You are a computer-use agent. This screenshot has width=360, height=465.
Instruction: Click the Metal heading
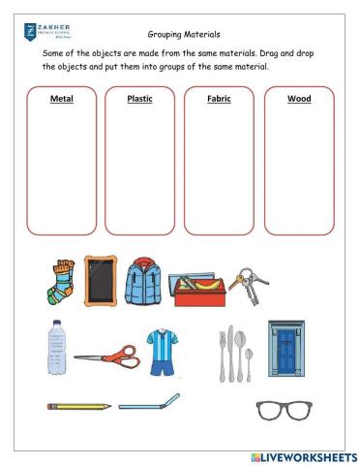pos(62,99)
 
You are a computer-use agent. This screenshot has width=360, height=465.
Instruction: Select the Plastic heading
pos(140,99)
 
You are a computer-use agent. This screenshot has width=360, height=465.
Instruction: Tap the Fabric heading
pos(219,99)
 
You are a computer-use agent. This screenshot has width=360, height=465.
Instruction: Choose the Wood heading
pos(299,99)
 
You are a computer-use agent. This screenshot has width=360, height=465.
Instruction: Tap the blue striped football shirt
pos(163,351)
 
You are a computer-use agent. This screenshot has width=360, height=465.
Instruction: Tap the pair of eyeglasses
pos(285,411)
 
